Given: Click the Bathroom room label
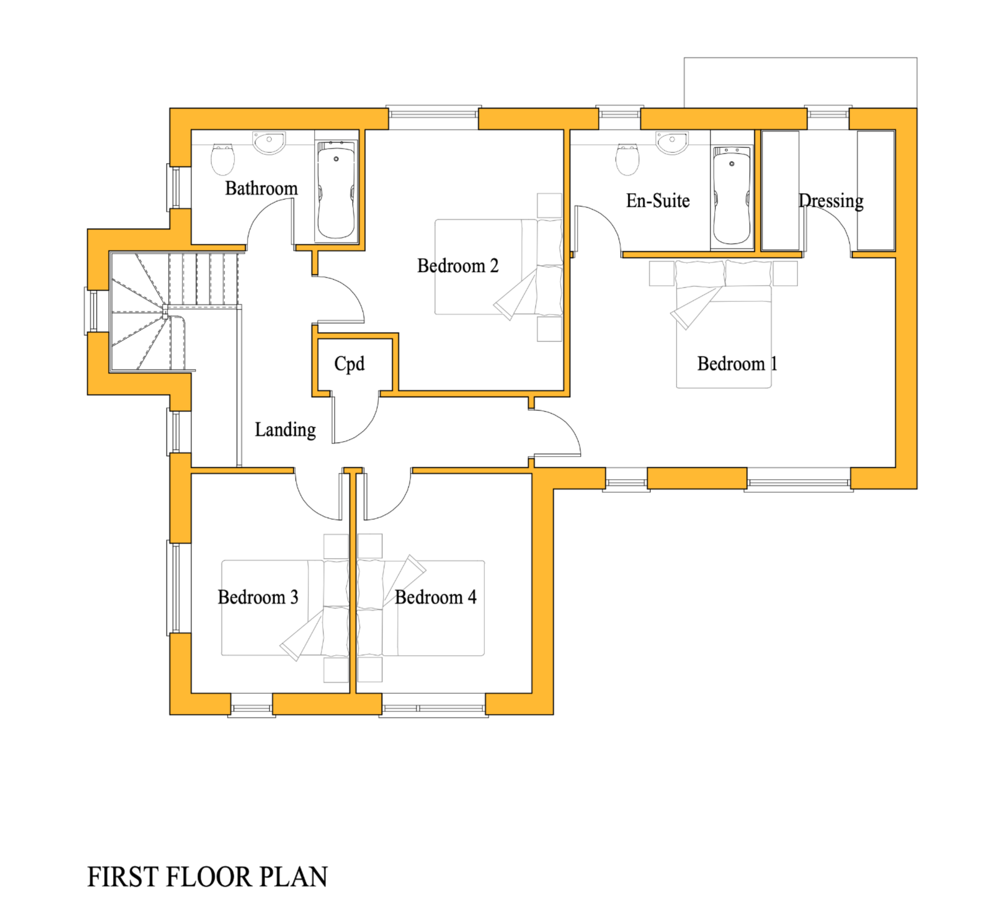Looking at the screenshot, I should pyautogui.click(x=262, y=188).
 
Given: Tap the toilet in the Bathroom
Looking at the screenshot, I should pyautogui.click(x=222, y=159).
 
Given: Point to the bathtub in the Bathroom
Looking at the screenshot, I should pyautogui.click(x=336, y=193).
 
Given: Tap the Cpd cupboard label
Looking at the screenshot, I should pyautogui.click(x=349, y=364).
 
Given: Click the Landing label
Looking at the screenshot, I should pyautogui.click(x=285, y=430).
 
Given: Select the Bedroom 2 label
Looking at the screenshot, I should pyautogui.click(x=457, y=266).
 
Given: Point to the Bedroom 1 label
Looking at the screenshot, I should pyautogui.click(x=737, y=364).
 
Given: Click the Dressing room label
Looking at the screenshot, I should pyautogui.click(x=831, y=201).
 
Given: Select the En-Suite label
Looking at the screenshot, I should pyautogui.click(x=658, y=201).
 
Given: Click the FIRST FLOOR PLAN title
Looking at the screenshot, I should pyautogui.click(x=207, y=877).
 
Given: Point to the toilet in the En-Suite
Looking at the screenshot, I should pyautogui.click(x=627, y=159).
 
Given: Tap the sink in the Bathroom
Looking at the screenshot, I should pyautogui.click(x=269, y=142).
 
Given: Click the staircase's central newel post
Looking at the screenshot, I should pyautogui.click(x=165, y=311).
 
